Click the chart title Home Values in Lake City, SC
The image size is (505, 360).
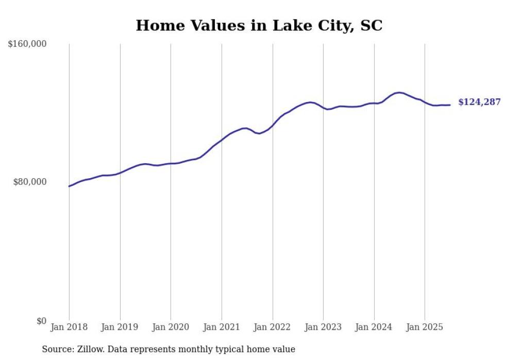pyautogui.click(x=259, y=25)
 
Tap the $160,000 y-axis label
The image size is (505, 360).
pyautogui.click(x=27, y=44)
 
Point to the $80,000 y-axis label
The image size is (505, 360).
pyautogui.click(x=30, y=182)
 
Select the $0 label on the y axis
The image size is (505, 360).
pyautogui.click(x=41, y=321)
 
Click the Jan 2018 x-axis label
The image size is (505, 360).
pyautogui.click(x=69, y=327)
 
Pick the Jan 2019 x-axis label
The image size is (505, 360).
pyautogui.click(x=120, y=327)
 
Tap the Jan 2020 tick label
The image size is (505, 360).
pyautogui.click(x=171, y=327)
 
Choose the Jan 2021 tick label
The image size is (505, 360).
pyautogui.click(x=222, y=327)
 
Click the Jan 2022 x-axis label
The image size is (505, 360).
pyautogui.click(x=273, y=327)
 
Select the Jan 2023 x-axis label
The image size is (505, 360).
pyautogui.click(x=323, y=327)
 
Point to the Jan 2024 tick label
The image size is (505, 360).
pyautogui.click(x=374, y=327)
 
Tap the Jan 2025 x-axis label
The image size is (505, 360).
pyautogui.click(x=425, y=327)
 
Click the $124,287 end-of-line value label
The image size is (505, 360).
pyautogui.click(x=479, y=102)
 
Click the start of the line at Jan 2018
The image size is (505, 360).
pyautogui.click(x=69, y=186)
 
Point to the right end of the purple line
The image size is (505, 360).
pyautogui.click(x=450, y=105)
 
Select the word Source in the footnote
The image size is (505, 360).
pyautogui.click(x=55, y=349)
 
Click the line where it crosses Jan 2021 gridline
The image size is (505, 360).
pyautogui.click(x=222, y=140)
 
